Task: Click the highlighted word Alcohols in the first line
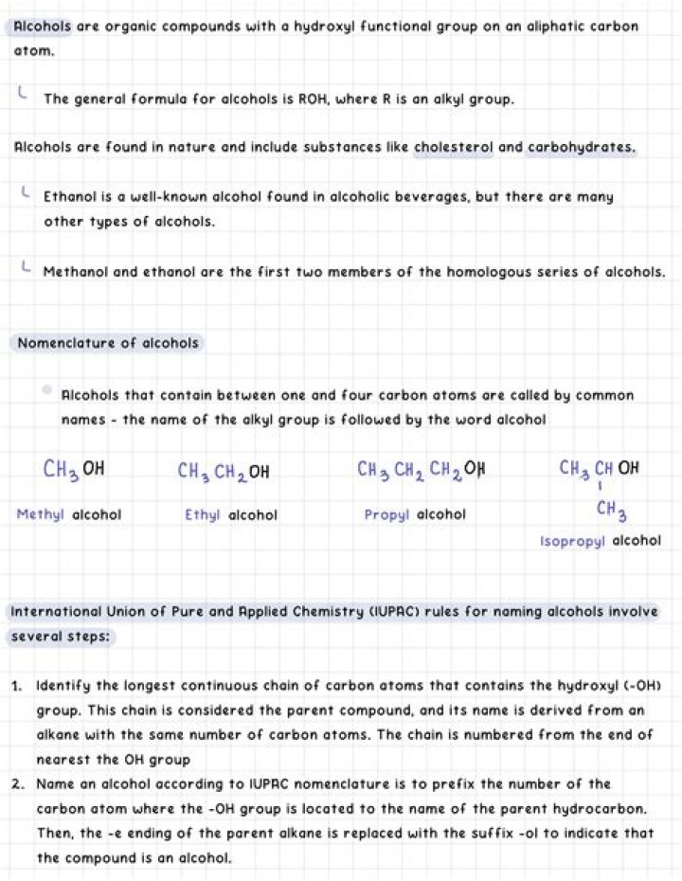click(x=42, y=27)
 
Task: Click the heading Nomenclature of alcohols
click(x=108, y=343)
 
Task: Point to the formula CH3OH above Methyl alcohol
click(x=74, y=468)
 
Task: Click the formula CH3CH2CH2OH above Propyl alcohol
click(x=422, y=469)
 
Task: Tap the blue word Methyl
click(x=40, y=515)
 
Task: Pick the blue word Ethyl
click(x=202, y=515)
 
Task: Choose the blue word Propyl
click(x=386, y=515)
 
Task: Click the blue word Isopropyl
click(x=572, y=541)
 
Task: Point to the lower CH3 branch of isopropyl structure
click(x=611, y=511)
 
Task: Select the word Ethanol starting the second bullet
click(x=71, y=198)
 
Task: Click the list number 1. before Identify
click(x=18, y=685)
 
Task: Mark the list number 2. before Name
click(x=18, y=784)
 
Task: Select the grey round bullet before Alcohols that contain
click(x=47, y=389)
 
